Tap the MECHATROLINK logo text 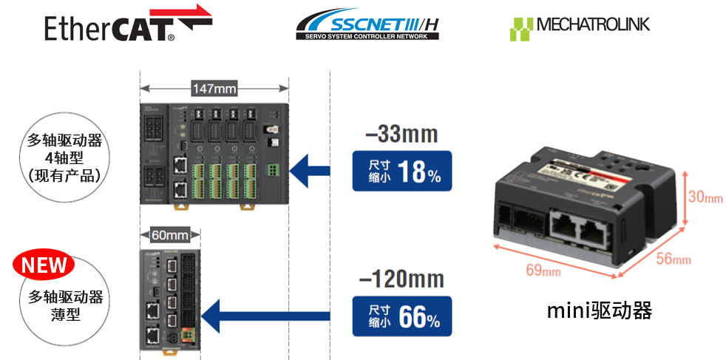click(x=593, y=24)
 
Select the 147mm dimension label click(x=214, y=89)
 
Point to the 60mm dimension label click(x=169, y=235)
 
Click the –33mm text click(x=401, y=135)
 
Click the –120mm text click(x=401, y=279)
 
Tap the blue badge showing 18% click(x=401, y=171)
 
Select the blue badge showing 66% click(x=401, y=316)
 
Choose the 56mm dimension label click(x=672, y=259)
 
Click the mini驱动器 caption click(x=600, y=310)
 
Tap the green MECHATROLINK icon click(x=520, y=28)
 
